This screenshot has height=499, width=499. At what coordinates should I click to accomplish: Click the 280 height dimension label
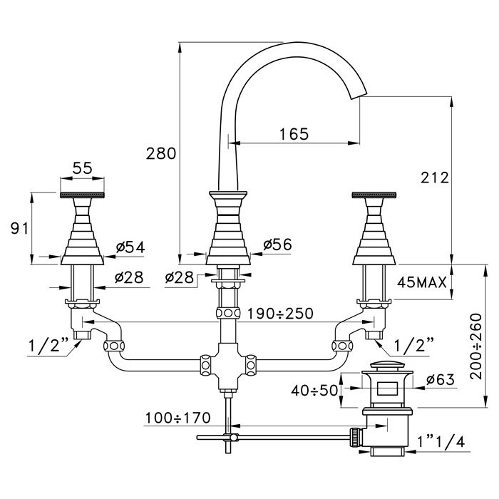160,153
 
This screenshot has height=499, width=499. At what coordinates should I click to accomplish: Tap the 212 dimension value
436,178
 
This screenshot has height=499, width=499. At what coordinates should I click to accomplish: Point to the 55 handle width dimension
82,168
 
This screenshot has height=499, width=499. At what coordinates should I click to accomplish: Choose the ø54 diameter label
130,247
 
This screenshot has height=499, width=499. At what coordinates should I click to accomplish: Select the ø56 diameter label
277,245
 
